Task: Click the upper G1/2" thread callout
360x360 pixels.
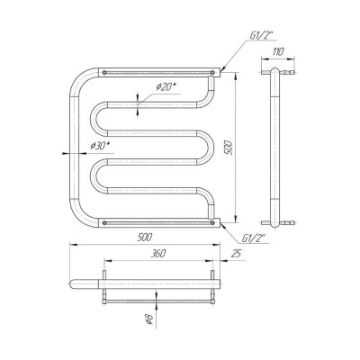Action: pyautogui.click(x=261, y=36)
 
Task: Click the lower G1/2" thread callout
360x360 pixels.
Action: pyautogui.click(x=254, y=238)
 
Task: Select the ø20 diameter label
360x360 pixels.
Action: pyautogui.click(x=166, y=87)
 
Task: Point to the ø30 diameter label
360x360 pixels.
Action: pyautogui.click(x=100, y=146)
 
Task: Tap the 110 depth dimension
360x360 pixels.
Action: pyautogui.click(x=278, y=51)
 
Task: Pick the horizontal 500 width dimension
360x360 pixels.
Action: pyautogui.click(x=145, y=237)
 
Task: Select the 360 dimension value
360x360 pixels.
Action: pyautogui.click(x=157, y=254)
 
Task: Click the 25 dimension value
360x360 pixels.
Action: pyautogui.click(x=236, y=254)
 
